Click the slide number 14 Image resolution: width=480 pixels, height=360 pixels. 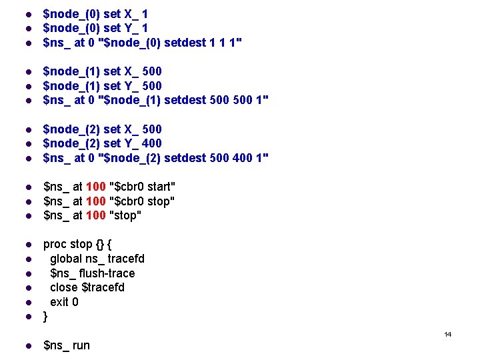point(448,334)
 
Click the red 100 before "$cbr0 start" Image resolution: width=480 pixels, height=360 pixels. point(96,187)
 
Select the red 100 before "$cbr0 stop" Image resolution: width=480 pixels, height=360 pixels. point(96,201)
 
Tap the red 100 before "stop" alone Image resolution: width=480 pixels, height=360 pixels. point(96,215)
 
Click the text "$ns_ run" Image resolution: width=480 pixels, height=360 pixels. point(66,345)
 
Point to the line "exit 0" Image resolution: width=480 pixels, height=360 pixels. point(64,302)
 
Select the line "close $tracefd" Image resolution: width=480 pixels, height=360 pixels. point(87,287)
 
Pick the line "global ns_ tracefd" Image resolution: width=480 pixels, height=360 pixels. point(97,259)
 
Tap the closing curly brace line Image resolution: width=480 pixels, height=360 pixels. point(45,317)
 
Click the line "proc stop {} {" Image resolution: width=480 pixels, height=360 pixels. point(77,244)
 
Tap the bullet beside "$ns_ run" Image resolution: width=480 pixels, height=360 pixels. point(28,346)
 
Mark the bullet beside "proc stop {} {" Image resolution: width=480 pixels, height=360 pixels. point(28,245)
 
